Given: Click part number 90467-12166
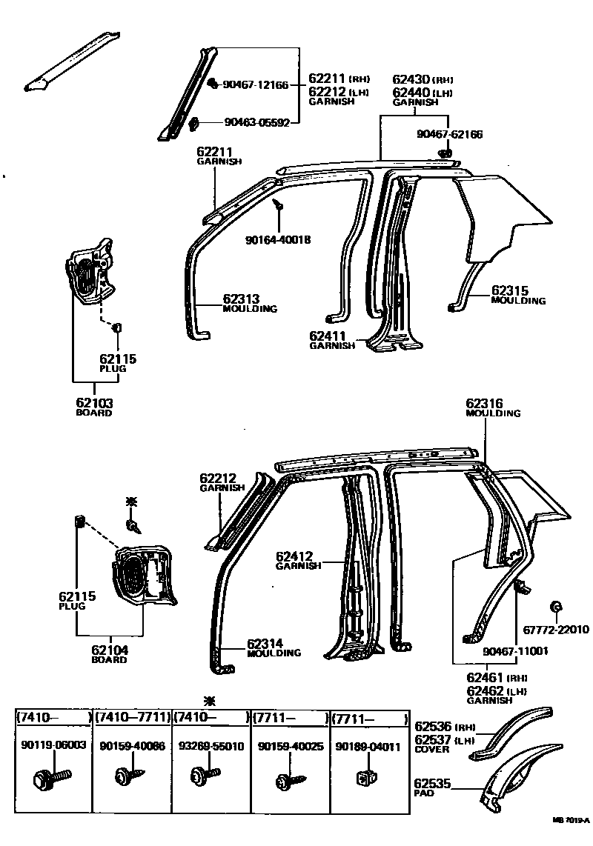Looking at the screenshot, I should pyautogui.click(x=256, y=84).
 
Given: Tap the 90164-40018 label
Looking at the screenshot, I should pyautogui.click(x=277, y=239).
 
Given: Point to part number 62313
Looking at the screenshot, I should pyautogui.click(x=241, y=299).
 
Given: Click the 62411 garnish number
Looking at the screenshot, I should pyautogui.click(x=328, y=336).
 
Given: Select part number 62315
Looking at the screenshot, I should pyautogui.click(x=509, y=291).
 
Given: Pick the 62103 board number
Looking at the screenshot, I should pyautogui.click(x=94, y=403).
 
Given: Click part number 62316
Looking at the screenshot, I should pyautogui.click(x=484, y=404).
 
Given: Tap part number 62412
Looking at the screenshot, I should pyautogui.click(x=294, y=556).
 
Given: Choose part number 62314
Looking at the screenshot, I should pyautogui.click(x=265, y=644).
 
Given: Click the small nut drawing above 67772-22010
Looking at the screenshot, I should pyautogui.click(x=554, y=607).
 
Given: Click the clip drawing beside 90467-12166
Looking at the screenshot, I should pyautogui.click(x=211, y=83).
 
